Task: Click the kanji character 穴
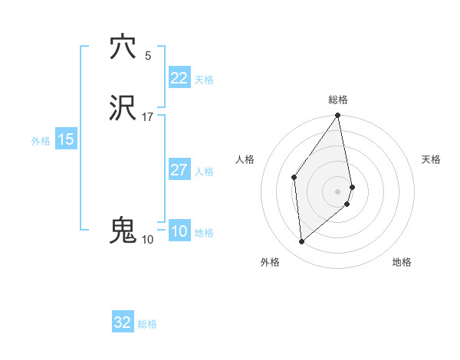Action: click(x=123, y=47)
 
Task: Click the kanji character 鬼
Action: click(x=123, y=231)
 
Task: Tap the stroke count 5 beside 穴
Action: click(x=147, y=56)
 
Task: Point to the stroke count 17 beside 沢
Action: click(x=147, y=117)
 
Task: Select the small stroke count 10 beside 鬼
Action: click(x=147, y=240)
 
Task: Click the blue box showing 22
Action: click(x=179, y=78)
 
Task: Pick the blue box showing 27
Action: click(x=179, y=170)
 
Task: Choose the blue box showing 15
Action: click(x=65, y=139)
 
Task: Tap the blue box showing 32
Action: click(x=123, y=322)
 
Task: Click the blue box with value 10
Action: click(x=179, y=231)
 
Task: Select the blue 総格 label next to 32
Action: click(x=147, y=324)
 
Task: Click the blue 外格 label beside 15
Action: click(x=41, y=141)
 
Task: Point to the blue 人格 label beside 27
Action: click(x=205, y=172)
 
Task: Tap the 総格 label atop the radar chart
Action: click(x=338, y=100)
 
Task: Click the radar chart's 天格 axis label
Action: click(x=431, y=159)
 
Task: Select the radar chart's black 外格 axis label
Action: click(x=270, y=262)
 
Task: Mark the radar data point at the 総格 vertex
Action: click(x=338, y=116)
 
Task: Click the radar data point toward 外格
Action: click(x=302, y=242)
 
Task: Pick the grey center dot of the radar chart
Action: click(x=338, y=190)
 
